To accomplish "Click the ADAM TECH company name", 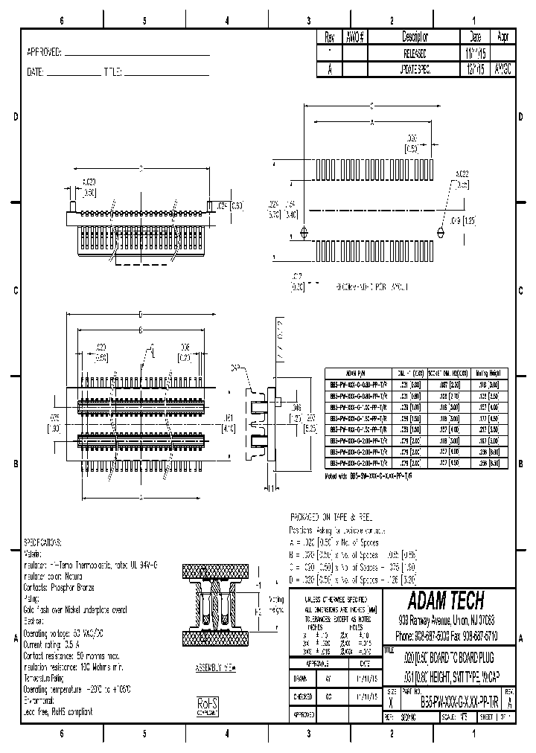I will [x=447, y=600].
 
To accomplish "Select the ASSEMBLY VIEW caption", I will [x=214, y=667].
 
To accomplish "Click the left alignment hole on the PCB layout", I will [x=302, y=234].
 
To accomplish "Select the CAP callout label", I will [x=235, y=368].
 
